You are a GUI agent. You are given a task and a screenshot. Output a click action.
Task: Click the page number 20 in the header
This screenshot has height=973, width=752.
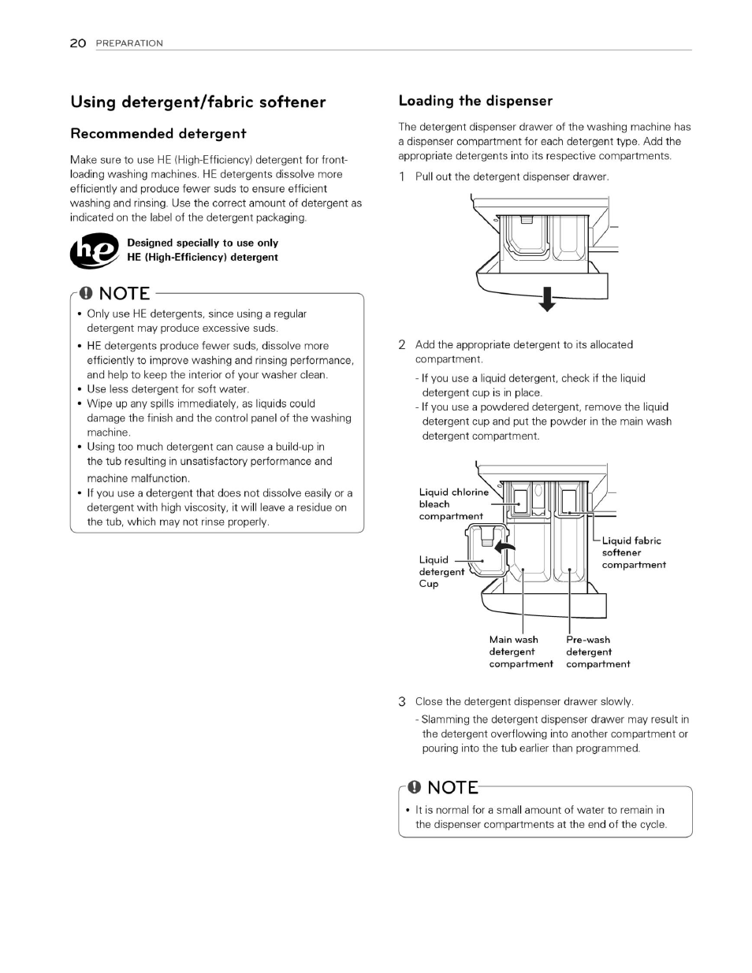(x=77, y=43)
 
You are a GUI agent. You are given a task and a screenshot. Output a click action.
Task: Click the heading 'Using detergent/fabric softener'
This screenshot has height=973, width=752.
(x=198, y=102)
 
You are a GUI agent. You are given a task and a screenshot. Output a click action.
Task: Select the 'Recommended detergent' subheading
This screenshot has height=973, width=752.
(x=158, y=134)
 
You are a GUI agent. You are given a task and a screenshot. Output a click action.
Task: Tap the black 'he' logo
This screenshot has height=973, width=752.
(x=95, y=251)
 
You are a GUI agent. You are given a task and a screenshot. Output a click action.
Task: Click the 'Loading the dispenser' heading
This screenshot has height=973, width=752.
(x=475, y=101)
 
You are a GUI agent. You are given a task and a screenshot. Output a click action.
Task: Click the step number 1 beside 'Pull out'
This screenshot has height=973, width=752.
(x=402, y=176)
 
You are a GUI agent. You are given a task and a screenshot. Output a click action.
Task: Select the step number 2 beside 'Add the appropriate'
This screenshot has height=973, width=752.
(x=402, y=345)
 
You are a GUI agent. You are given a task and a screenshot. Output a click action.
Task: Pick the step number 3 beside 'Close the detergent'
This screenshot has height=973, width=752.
(x=402, y=701)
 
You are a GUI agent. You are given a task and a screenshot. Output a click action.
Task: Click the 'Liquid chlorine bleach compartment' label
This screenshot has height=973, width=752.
(x=452, y=504)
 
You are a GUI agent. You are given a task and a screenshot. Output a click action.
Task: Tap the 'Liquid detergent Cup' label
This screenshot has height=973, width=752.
(x=441, y=572)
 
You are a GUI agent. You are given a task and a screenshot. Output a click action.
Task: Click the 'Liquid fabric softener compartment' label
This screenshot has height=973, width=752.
(x=633, y=552)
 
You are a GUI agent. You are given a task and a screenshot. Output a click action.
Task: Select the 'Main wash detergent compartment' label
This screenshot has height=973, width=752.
(x=520, y=652)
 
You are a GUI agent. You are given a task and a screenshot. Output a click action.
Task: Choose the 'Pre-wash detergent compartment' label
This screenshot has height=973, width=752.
(x=598, y=652)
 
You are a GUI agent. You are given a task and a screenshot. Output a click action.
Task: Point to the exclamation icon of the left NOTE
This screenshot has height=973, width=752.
(x=86, y=293)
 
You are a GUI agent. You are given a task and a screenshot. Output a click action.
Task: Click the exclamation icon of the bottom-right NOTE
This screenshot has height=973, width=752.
(x=414, y=788)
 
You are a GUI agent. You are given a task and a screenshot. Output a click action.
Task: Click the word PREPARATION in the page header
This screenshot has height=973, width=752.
(x=129, y=43)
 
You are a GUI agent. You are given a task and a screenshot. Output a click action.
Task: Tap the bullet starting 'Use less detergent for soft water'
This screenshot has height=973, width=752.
(x=167, y=388)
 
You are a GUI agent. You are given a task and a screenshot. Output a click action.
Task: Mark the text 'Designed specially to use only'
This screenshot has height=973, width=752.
(x=203, y=243)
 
